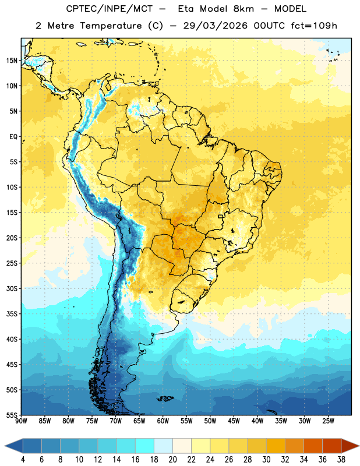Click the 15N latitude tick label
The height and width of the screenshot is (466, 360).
click(12, 61)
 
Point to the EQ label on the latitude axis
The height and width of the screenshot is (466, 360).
click(13, 137)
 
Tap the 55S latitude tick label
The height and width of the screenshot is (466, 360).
click(12, 415)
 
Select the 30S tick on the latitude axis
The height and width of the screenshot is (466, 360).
click(12, 288)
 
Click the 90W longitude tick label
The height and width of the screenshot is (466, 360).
click(21, 421)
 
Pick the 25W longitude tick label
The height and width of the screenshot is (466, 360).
click(328, 421)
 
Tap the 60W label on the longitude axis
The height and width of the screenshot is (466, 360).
click(163, 421)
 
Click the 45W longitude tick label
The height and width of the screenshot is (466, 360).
click(234, 421)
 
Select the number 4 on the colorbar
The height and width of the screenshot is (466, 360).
click(23, 460)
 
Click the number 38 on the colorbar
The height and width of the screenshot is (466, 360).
click(341, 460)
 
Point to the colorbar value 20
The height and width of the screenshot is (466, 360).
click(172, 460)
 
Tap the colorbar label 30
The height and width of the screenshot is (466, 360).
click(266, 460)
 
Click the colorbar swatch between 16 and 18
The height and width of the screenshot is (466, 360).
click(144, 446)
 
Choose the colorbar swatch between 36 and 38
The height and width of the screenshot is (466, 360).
click(332, 446)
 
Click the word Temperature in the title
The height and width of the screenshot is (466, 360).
click(111, 26)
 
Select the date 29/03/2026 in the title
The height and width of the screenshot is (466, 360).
click(215, 26)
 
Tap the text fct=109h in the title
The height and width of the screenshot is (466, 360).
click(314, 26)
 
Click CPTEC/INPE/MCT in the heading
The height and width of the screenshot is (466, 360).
click(110, 9)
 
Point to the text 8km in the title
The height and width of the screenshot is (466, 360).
click(243, 9)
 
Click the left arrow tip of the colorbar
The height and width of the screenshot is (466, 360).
click(5, 446)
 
